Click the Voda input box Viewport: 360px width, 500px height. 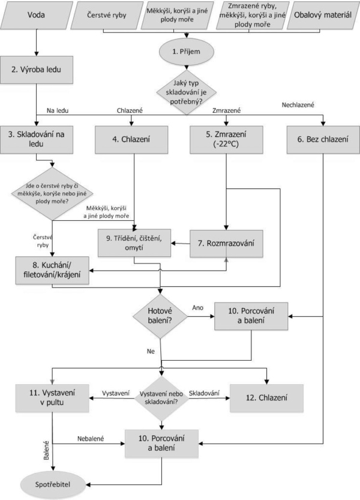pyautogui.click(x=37, y=15)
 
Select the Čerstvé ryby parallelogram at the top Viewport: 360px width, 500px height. pyautogui.click(x=107, y=15)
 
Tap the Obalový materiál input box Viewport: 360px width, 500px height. pyautogui.click(x=323, y=15)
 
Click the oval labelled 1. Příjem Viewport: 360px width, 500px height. pyautogui.click(x=186, y=52)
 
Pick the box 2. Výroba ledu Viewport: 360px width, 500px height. pyautogui.click(x=37, y=70)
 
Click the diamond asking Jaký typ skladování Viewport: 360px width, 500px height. pyautogui.click(x=187, y=92)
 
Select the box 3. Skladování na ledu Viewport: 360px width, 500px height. pyautogui.click(x=37, y=139)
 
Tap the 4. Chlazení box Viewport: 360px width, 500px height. pyautogui.click(x=131, y=139)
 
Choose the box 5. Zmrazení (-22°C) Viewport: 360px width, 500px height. pyautogui.click(x=226, y=139)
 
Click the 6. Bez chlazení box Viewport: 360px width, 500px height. pyautogui.click(x=323, y=139)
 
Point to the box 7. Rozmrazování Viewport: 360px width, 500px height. pyautogui.click(x=226, y=243)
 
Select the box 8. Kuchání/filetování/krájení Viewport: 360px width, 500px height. pyautogui.click(x=52, y=270)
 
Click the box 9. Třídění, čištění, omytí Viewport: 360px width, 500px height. pyautogui.click(x=134, y=242)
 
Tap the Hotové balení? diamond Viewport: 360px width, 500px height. pyautogui.click(x=160, y=316)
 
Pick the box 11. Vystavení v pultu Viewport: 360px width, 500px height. pyautogui.click(x=52, y=397)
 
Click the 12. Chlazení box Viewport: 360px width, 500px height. pyautogui.click(x=266, y=398)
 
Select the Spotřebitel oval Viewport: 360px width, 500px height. pyautogui.click(x=53, y=485)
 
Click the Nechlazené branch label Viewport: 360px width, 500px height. pyautogui.click(x=298, y=105)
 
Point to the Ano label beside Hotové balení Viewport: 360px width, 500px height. pyautogui.click(x=197, y=308)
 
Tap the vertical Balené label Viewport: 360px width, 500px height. pyautogui.click(x=47, y=450)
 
